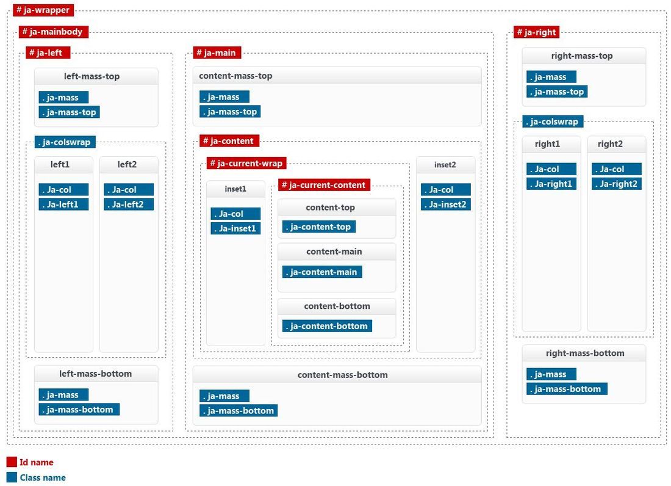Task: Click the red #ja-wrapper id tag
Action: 43,10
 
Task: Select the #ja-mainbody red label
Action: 54,32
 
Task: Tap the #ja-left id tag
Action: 48,53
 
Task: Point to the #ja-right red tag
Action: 536,32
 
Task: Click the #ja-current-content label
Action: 324,185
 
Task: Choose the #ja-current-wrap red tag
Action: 246,163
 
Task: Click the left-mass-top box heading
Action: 91,76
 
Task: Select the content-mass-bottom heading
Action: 342,375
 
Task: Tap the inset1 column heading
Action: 235,189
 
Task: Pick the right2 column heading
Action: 610,144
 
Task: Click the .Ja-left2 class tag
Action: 129,205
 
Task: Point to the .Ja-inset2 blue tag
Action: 445,205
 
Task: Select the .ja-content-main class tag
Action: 322,272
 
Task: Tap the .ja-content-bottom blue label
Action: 328,326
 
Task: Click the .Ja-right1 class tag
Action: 551,184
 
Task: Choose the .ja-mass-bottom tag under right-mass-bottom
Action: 567,389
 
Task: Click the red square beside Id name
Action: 12,462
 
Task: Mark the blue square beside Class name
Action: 12,477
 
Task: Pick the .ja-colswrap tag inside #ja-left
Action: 65,142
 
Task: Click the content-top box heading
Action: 331,208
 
